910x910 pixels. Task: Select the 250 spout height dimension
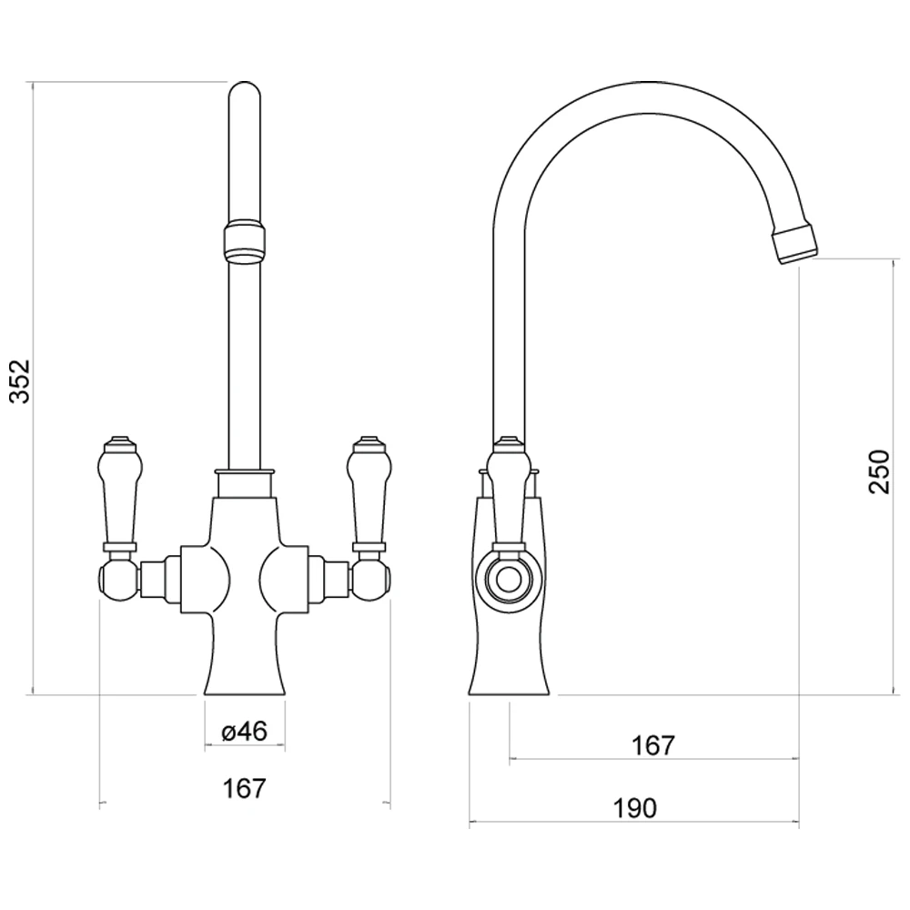pyautogui.click(x=879, y=471)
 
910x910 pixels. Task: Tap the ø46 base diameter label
pyautogui.click(x=244, y=732)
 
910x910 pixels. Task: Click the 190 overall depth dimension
pyautogui.click(x=634, y=807)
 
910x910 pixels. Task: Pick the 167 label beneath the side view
pyautogui.click(x=653, y=745)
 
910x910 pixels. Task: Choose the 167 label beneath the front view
pyautogui.click(x=244, y=788)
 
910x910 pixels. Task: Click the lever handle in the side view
pyautogui.click(x=508, y=491)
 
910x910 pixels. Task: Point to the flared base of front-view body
pyautogui.click(x=244, y=669)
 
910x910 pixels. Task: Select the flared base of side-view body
pyautogui.click(x=510, y=669)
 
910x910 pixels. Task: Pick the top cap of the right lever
pyautogui.click(x=367, y=443)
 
